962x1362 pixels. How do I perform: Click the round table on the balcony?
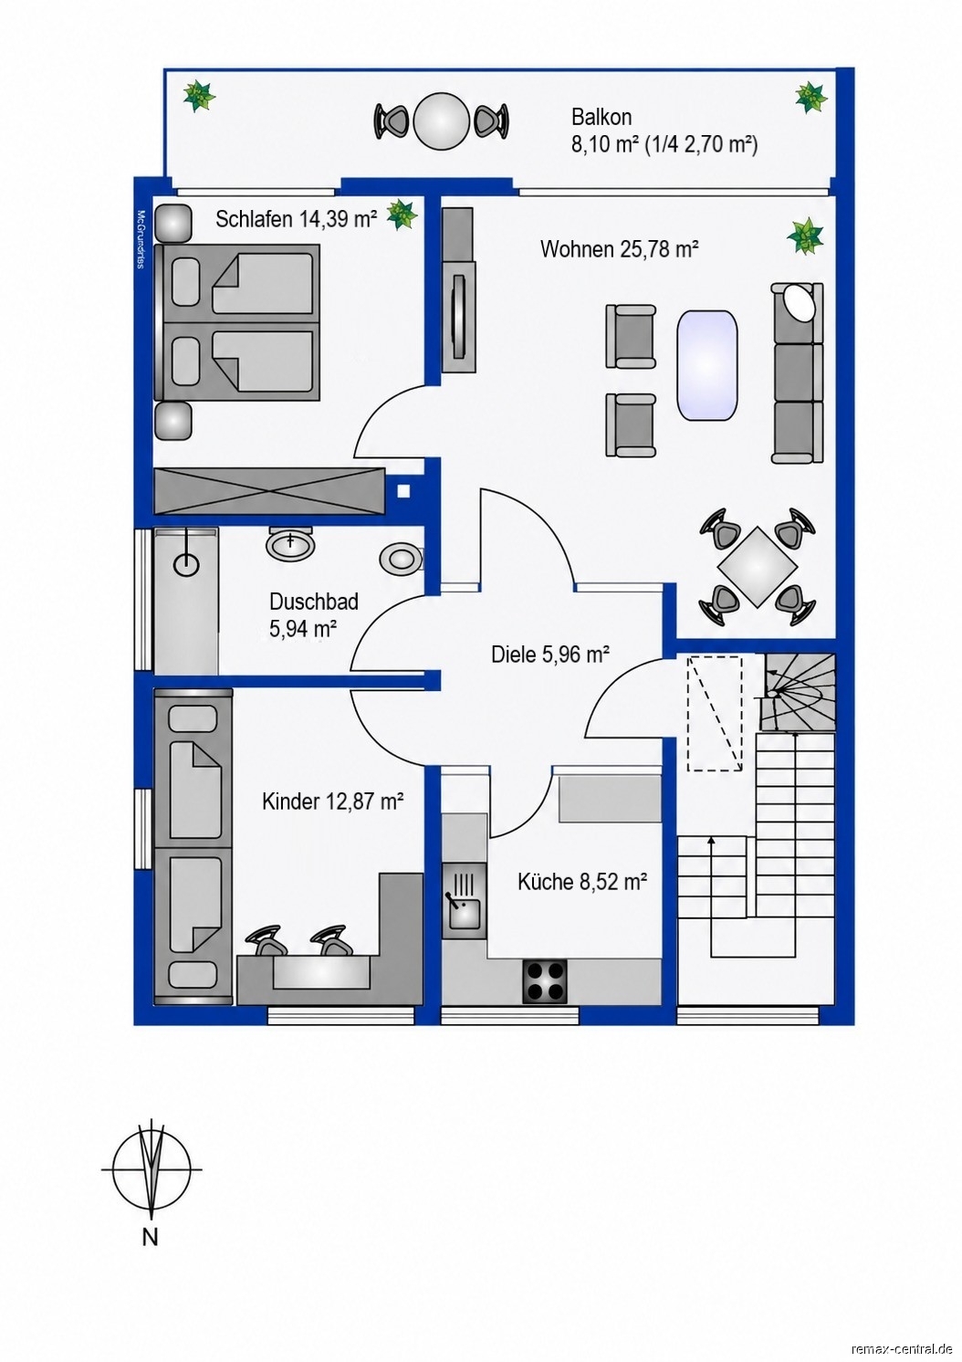441,120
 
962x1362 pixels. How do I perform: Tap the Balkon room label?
601,116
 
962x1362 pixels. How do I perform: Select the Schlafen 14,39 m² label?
296,219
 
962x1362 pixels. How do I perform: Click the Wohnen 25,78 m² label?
619,248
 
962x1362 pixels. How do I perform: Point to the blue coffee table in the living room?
707,365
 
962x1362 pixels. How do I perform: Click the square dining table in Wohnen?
757,567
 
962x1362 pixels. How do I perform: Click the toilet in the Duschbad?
402,558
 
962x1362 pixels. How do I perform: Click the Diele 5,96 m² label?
550,655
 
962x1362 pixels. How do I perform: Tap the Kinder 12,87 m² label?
333,801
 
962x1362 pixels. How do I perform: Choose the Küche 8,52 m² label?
581,881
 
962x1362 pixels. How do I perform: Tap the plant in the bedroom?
402,214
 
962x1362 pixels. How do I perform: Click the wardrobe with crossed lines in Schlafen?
269,491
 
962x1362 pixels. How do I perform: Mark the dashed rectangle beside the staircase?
715,713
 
